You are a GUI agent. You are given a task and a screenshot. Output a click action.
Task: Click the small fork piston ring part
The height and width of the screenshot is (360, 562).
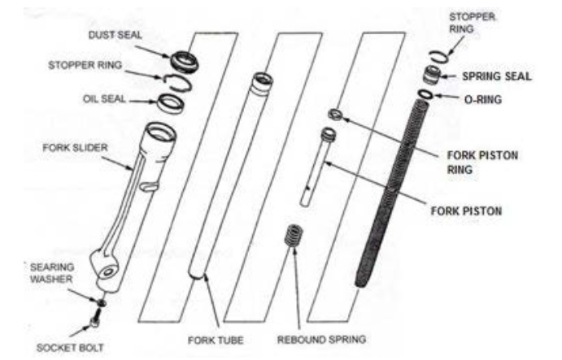pos(333,112)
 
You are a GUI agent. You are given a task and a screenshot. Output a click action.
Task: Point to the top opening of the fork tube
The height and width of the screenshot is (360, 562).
pos(262,80)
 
